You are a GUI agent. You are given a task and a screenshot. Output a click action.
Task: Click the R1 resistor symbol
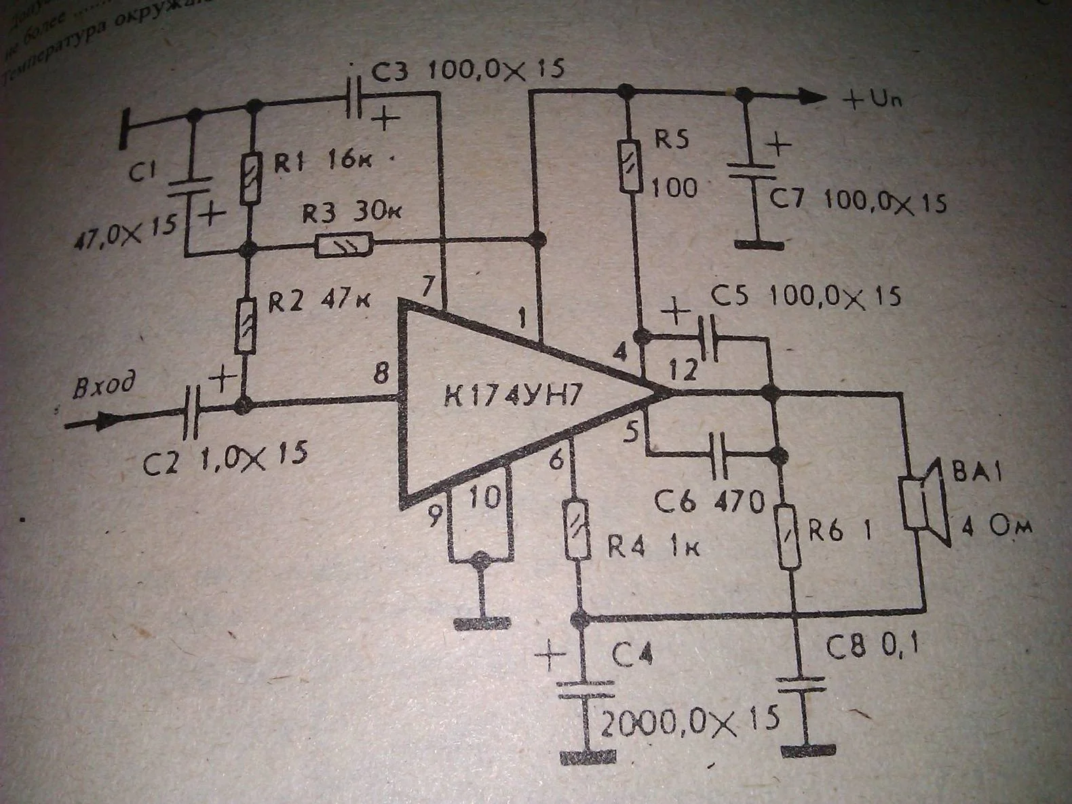tap(251, 178)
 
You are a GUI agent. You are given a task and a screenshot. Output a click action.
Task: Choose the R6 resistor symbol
tap(789, 537)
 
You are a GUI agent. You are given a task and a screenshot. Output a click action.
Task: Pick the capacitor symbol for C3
tap(355, 99)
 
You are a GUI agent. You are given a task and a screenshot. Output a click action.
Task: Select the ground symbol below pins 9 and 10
tap(481, 621)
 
